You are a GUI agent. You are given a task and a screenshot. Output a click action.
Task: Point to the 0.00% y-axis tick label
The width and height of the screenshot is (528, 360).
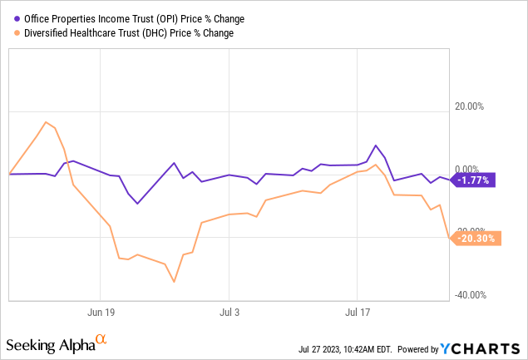coord(469,169)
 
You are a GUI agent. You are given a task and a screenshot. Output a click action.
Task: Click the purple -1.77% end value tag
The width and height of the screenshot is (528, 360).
coord(475,179)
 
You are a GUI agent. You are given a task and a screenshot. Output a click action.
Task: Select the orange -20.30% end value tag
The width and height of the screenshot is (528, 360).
coord(475,238)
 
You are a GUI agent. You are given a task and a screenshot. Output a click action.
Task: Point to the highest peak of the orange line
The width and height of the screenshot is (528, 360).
coord(46,122)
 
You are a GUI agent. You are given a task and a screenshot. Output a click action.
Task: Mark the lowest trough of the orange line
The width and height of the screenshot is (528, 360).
coord(174,282)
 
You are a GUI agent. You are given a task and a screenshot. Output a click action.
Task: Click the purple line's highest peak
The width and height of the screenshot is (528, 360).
coord(376,145)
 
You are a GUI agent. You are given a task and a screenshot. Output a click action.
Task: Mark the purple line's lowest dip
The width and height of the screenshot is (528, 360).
coord(137,204)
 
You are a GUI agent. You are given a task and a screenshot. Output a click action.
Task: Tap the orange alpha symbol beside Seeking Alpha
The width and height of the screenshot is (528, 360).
coord(101,339)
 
